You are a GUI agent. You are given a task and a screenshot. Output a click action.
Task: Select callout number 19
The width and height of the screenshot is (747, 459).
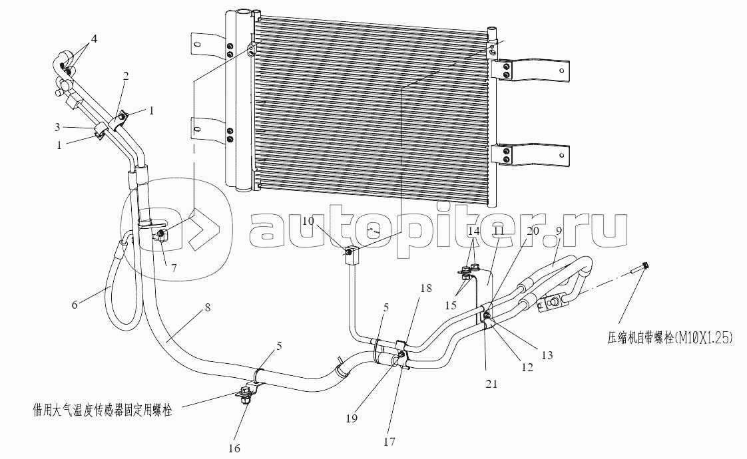tap(352, 419)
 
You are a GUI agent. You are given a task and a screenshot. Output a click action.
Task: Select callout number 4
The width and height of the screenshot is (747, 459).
tap(93, 39)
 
